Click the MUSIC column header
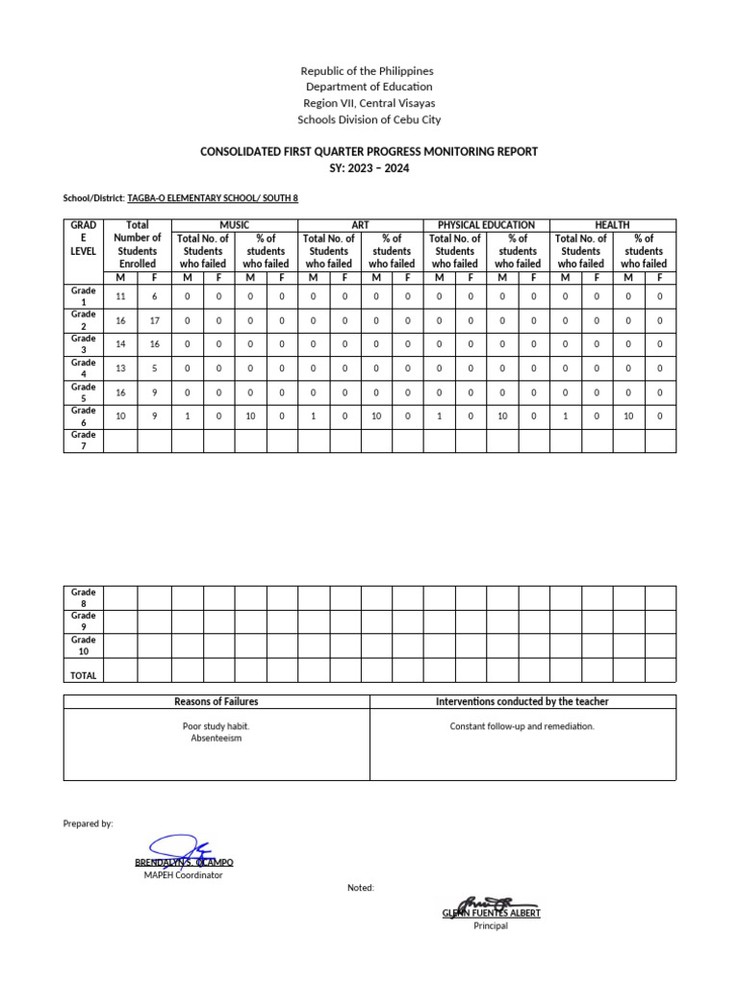(x=234, y=225)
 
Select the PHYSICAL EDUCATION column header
(x=486, y=225)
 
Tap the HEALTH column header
(x=612, y=225)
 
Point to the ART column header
(x=360, y=225)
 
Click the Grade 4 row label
(x=83, y=368)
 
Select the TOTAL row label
(x=83, y=675)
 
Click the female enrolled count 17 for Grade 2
(x=154, y=320)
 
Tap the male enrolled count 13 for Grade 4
(x=120, y=368)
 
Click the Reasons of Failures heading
(x=216, y=702)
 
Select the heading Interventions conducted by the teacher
(x=522, y=702)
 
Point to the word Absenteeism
(x=216, y=739)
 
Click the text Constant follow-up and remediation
(x=522, y=726)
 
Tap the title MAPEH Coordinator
(x=183, y=875)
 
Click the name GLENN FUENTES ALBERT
(x=491, y=913)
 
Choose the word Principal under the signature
(x=491, y=926)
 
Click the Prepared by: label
(x=89, y=823)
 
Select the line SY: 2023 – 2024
(x=369, y=167)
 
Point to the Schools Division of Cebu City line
(x=369, y=120)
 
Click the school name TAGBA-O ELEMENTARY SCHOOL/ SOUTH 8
(x=213, y=197)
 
